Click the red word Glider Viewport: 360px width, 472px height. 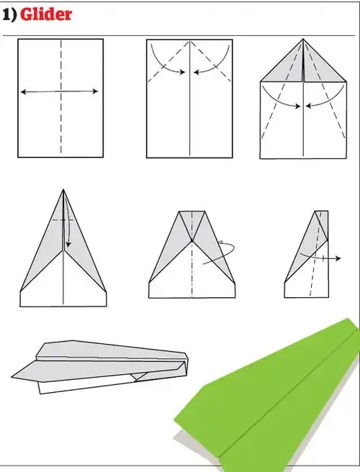[46, 14]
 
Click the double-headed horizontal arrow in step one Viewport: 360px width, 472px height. [60, 91]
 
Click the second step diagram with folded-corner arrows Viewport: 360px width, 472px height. [190, 98]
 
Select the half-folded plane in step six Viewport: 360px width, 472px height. [310, 259]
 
